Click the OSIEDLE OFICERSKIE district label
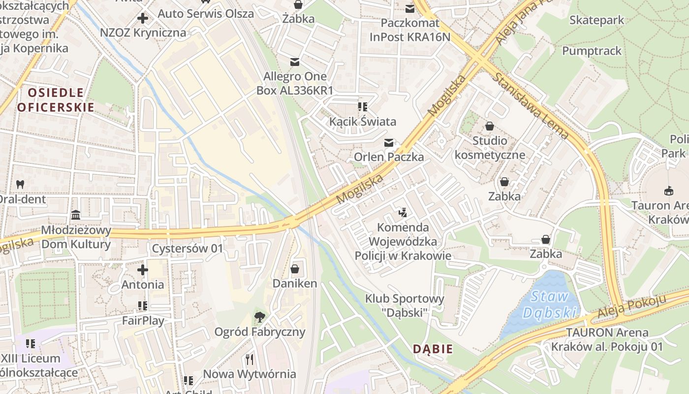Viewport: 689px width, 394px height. click(56, 100)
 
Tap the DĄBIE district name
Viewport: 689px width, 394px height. click(433, 349)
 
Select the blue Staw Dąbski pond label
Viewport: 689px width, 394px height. click(550, 305)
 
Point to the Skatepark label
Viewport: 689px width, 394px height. click(596, 20)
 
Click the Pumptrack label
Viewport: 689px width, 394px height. click(592, 51)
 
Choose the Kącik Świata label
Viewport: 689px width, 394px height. click(363, 121)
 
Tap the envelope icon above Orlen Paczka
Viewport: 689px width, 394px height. click(389, 143)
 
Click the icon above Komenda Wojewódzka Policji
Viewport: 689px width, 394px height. click(403, 213)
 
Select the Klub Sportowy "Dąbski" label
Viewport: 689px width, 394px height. click(405, 305)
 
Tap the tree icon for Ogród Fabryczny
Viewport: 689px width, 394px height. click(259, 317)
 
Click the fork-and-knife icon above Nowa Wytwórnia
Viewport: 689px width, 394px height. click(250, 359)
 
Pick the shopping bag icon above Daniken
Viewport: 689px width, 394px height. click(295, 269)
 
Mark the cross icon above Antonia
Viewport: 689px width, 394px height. click(143, 270)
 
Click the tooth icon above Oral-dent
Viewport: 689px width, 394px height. click(20, 185)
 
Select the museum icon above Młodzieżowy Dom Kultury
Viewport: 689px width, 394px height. click(76, 215)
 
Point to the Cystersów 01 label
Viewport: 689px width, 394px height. click(188, 248)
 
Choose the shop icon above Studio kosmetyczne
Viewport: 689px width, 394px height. click(490, 126)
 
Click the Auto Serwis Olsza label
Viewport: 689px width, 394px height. click(206, 13)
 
